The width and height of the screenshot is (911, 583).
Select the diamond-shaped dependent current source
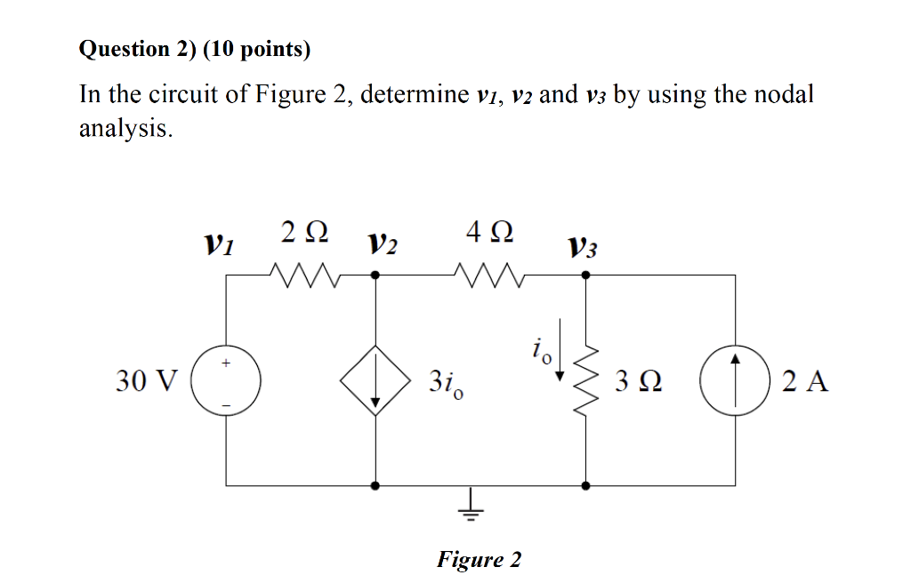(375, 380)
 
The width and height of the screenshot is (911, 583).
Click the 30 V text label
(146, 382)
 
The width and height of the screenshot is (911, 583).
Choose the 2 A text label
(805, 382)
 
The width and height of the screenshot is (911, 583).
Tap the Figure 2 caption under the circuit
(479, 559)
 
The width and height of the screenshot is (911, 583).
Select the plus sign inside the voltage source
(227, 363)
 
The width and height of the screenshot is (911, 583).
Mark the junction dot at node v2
(375, 276)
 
